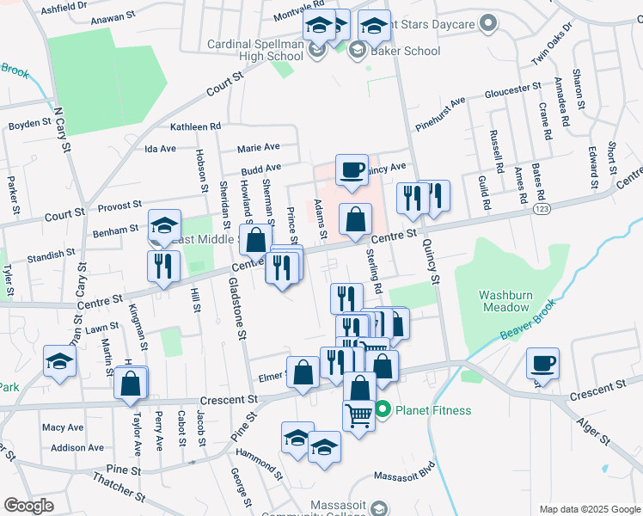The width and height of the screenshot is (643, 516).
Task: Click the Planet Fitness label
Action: point(433,410)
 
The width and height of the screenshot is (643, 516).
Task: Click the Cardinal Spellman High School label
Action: point(254,50)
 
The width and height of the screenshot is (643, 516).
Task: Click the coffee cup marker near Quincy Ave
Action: point(351,170)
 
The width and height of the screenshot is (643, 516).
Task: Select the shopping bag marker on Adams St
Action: point(355,219)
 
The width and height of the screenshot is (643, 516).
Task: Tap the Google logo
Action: point(28,506)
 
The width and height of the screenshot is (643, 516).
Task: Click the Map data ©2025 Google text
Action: point(590,509)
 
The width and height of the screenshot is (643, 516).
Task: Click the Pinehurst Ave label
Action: point(440,114)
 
